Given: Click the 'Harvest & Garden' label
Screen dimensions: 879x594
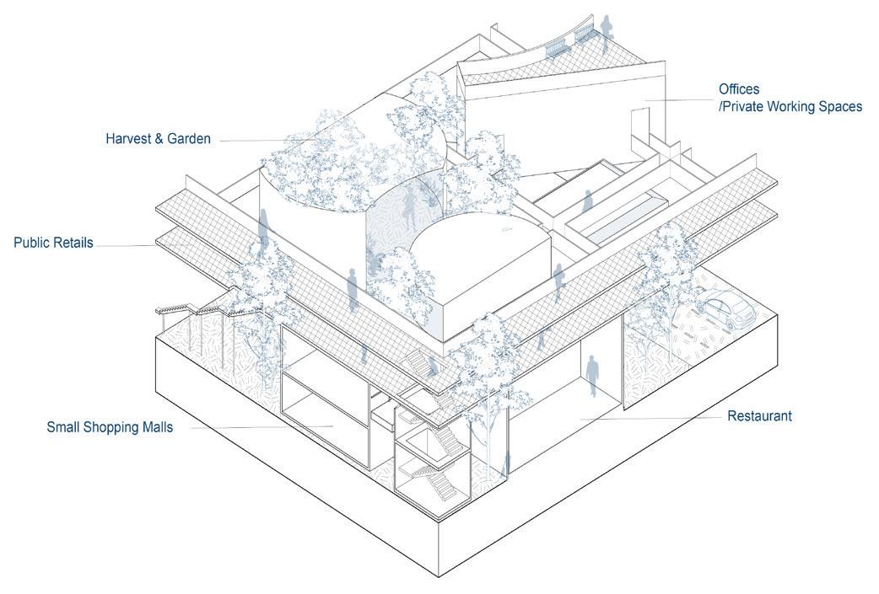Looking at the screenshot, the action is click(158, 138).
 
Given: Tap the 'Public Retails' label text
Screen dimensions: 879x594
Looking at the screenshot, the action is click(53, 243).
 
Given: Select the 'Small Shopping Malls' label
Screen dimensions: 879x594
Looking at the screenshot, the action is click(110, 427).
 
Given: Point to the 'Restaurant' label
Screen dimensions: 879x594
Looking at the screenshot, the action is click(759, 415).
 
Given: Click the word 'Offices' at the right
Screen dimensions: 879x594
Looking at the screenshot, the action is click(739, 89).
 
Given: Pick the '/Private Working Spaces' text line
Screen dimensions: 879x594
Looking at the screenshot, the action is click(790, 106).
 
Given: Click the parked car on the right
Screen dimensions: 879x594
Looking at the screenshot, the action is click(725, 308).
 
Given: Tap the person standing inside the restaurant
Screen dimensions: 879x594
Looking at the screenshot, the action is click(592, 374).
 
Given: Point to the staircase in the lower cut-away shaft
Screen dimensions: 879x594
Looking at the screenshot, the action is click(439, 485).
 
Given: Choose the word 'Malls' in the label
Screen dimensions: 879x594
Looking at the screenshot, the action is click(156, 427).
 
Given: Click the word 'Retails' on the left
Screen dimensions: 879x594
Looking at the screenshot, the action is click(72, 243).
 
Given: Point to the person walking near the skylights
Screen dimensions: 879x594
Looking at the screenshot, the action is click(587, 201).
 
